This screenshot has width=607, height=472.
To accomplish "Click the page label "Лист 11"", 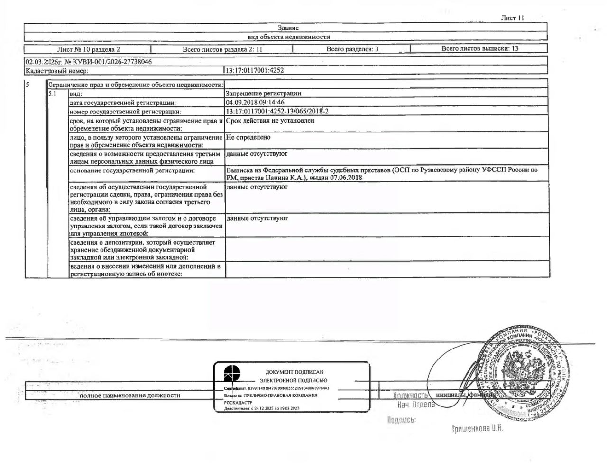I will click(512, 18).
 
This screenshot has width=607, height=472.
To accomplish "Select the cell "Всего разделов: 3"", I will click(352, 49).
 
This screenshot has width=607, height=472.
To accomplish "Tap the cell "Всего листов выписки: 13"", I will click(479, 48).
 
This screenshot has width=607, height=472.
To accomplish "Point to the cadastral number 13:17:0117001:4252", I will click(255, 71).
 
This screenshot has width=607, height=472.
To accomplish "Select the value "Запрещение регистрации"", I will click(263, 94).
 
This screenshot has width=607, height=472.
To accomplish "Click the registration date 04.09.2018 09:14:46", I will click(255, 102).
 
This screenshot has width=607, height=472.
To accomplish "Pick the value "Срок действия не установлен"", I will click(270, 121).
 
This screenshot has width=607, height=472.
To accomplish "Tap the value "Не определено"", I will click(248, 137).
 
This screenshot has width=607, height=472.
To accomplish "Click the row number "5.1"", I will click(53, 94).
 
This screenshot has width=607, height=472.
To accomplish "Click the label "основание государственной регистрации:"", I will click(132, 170).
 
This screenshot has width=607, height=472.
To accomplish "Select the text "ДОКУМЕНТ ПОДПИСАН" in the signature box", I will click(294, 372).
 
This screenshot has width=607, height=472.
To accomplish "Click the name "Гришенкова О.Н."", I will click(477, 429).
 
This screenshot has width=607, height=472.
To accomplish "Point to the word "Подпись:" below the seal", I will click(401, 420).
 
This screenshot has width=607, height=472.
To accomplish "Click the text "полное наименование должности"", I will click(129, 395).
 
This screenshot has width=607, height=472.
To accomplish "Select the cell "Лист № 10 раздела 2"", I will click(88, 49).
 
